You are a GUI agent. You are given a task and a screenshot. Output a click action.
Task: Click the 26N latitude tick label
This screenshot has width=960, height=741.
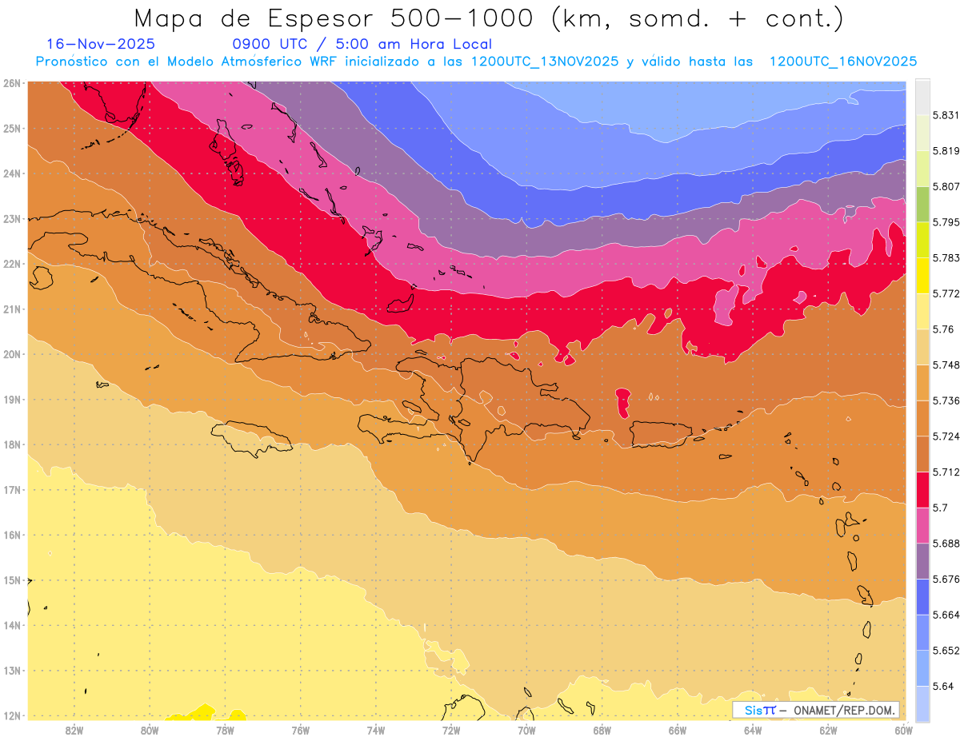pos(12,82)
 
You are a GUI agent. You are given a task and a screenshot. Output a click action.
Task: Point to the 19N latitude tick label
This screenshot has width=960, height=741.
pos(12,399)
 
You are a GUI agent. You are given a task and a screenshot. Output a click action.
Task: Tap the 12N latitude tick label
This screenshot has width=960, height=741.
pos(12,715)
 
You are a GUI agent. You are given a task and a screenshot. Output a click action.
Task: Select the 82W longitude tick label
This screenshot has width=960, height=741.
pos(74,730)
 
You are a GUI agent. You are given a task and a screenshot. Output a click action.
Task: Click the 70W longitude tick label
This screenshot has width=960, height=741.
pos(526,730)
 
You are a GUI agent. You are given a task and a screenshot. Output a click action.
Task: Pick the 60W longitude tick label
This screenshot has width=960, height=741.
pos(904,730)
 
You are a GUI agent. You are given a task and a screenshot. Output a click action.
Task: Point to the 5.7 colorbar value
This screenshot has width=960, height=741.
pos(940,508)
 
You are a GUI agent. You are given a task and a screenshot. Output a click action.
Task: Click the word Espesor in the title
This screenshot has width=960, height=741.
pos(320,18)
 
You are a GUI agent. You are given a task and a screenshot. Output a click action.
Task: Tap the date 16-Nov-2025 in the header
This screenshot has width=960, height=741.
pos(101,44)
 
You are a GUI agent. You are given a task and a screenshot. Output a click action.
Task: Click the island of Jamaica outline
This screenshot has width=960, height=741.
pos(251,437)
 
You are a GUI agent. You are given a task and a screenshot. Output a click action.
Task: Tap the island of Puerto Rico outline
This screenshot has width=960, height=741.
pos(661,433)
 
